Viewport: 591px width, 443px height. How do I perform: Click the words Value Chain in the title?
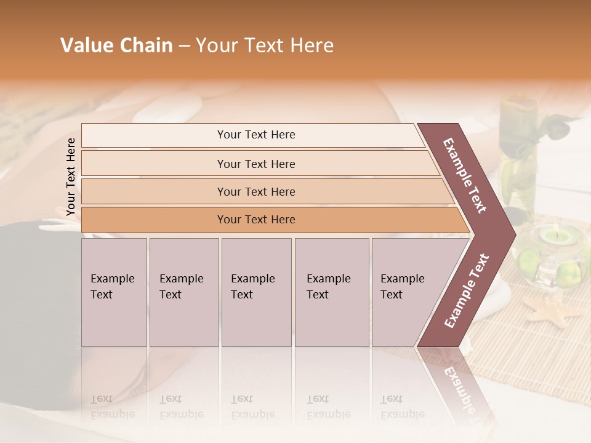(116, 46)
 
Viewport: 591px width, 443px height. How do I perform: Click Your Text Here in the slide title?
(265, 46)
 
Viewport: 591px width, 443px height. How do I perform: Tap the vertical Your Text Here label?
(71, 177)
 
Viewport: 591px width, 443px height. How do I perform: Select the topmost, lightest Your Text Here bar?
(255, 135)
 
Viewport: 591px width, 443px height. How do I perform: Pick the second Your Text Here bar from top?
(255, 164)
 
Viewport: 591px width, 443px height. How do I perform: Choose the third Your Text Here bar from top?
(255, 191)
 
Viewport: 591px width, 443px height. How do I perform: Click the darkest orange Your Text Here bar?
(255, 220)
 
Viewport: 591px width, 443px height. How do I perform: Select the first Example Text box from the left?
(114, 292)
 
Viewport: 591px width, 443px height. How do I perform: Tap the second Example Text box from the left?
(183, 292)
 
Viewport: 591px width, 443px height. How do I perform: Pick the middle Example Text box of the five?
(256, 292)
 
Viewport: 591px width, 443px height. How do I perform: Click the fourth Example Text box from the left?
(331, 292)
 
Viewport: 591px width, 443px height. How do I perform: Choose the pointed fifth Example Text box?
(406, 292)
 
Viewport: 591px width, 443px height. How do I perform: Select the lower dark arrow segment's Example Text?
(466, 290)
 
